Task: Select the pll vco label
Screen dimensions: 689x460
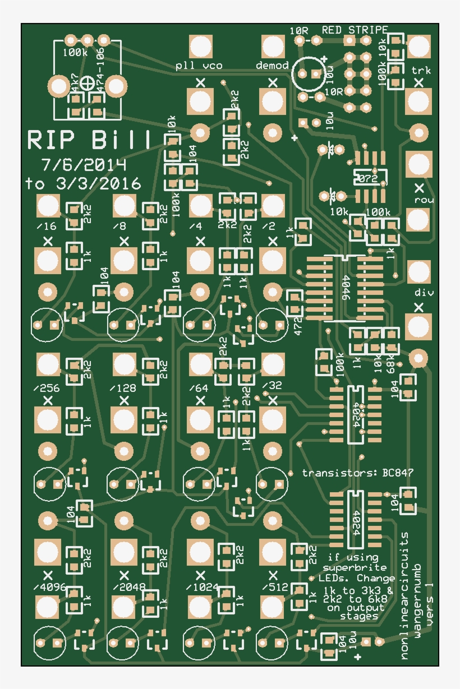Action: tap(199, 66)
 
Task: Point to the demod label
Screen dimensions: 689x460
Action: tap(272, 66)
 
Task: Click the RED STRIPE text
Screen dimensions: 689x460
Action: tap(355, 30)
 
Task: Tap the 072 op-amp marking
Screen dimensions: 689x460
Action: tap(370, 179)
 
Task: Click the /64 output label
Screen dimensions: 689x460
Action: tap(199, 387)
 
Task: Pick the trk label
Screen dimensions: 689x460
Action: tap(421, 70)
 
